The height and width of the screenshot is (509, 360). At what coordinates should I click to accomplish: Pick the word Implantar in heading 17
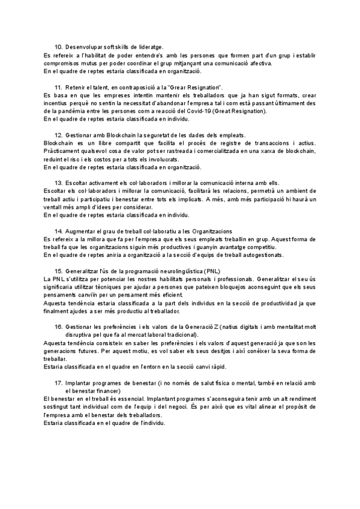[81, 382]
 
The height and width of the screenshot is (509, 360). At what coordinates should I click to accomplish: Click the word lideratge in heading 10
[150, 47]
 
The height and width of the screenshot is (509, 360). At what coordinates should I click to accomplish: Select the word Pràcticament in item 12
[65, 151]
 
